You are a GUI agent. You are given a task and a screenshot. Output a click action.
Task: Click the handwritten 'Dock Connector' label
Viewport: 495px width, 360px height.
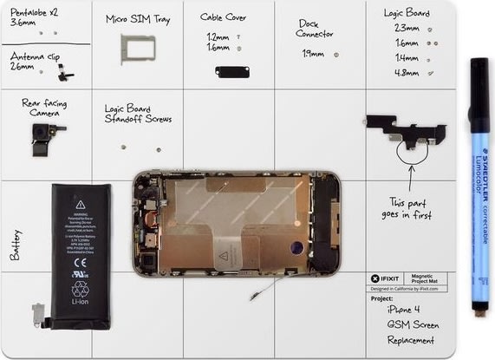pos(314,29)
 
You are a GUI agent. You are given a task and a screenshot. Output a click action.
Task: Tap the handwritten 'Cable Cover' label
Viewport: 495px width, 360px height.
pos(223,16)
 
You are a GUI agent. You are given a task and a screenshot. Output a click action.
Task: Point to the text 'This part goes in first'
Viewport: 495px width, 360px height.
pos(410,208)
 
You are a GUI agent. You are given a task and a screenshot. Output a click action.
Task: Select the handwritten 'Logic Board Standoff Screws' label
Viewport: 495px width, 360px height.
pos(137,114)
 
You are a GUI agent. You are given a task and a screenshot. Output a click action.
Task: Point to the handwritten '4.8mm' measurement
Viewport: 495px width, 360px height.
pos(406,72)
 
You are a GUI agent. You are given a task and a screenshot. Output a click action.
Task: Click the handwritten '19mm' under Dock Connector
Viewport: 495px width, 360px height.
pos(313,54)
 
